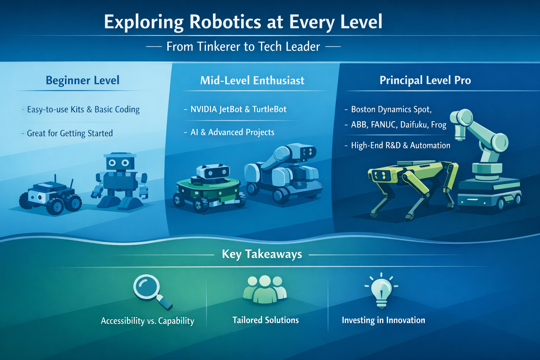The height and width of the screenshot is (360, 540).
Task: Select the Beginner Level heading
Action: (x=83, y=81)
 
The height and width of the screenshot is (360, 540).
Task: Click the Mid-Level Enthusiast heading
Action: (x=252, y=81)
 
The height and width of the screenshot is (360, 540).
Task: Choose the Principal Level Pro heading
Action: (x=425, y=81)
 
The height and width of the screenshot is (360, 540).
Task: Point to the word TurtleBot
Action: (x=269, y=109)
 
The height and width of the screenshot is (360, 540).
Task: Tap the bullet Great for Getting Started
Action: (x=70, y=134)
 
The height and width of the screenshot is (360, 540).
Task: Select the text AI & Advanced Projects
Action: (x=232, y=132)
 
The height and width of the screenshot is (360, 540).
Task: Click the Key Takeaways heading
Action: (x=262, y=254)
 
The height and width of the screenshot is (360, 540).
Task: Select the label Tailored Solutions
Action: (x=265, y=320)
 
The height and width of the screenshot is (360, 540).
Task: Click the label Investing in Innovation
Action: (x=383, y=320)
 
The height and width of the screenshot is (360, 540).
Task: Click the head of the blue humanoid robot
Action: (x=120, y=162)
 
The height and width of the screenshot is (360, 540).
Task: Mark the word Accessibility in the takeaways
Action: (x=123, y=321)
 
